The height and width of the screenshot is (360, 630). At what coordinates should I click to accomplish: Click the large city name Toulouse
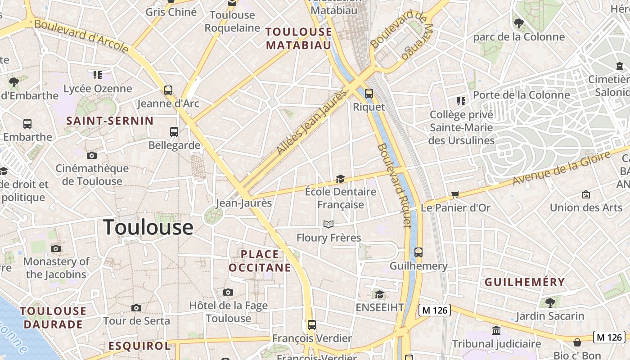point(148,227)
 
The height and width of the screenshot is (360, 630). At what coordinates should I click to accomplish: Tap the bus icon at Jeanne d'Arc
point(168,90)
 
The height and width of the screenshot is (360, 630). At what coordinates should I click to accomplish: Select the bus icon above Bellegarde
point(174,132)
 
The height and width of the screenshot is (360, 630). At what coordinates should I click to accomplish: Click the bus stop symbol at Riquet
point(369,94)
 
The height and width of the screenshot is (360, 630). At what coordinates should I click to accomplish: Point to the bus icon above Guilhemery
point(418,252)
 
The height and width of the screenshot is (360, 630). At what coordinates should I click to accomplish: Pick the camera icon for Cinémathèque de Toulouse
point(92,156)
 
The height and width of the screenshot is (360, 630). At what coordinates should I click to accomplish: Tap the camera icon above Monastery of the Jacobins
point(56,248)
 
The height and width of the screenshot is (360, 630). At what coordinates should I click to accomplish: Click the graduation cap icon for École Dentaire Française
point(340,179)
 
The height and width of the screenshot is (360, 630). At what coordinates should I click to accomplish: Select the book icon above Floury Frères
point(328,224)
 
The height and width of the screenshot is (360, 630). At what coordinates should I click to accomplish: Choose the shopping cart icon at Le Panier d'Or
point(455,195)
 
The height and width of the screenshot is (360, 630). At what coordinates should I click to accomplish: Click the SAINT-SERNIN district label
point(110,121)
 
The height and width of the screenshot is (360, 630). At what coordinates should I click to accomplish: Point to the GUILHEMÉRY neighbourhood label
point(524,282)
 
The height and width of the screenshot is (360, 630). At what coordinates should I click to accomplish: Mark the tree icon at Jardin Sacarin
point(550,302)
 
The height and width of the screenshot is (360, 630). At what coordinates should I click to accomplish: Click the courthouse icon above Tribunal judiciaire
point(496,331)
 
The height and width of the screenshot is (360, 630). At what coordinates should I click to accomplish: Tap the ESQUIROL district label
point(139,346)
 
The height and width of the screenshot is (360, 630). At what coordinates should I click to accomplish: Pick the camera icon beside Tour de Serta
point(136,308)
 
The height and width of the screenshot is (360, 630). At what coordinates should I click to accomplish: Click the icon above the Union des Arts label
point(586,194)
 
